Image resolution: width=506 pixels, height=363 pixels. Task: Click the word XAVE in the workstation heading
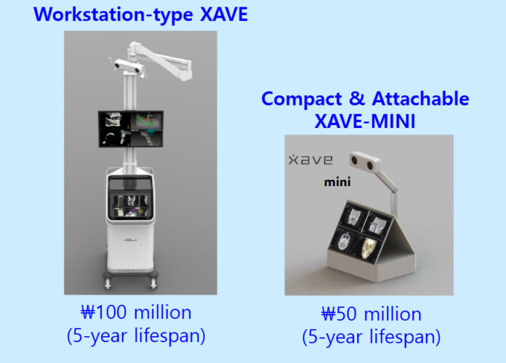(224, 15)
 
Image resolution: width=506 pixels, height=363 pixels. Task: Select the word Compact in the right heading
(302, 99)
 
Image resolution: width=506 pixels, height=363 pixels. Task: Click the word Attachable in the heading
(420, 98)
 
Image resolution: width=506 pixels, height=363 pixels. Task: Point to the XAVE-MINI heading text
(365, 121)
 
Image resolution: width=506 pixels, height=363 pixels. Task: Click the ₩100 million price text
(136, 312)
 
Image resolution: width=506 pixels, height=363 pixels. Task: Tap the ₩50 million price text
(371, 314)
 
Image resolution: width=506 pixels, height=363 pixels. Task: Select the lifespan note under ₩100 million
(136, 336)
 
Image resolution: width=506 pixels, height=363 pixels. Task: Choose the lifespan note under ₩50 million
(371, 337)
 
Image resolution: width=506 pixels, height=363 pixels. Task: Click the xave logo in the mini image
(310, 159)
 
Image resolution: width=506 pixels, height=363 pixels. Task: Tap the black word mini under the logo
(337, 182)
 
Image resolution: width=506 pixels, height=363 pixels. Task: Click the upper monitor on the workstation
(131, 129)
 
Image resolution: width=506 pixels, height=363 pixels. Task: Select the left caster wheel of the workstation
(108, 284)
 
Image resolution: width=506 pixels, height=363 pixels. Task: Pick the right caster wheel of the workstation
(153, 284)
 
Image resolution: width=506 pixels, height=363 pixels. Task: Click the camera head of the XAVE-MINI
(365, 161)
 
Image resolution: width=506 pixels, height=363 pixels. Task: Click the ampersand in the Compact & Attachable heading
(356, 98)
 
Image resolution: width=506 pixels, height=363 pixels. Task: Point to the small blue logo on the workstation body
(131, 239)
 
